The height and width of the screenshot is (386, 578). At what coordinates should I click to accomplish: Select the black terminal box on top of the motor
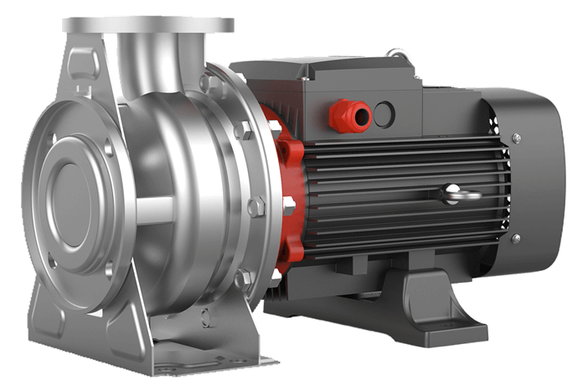[x=335, y=88]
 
